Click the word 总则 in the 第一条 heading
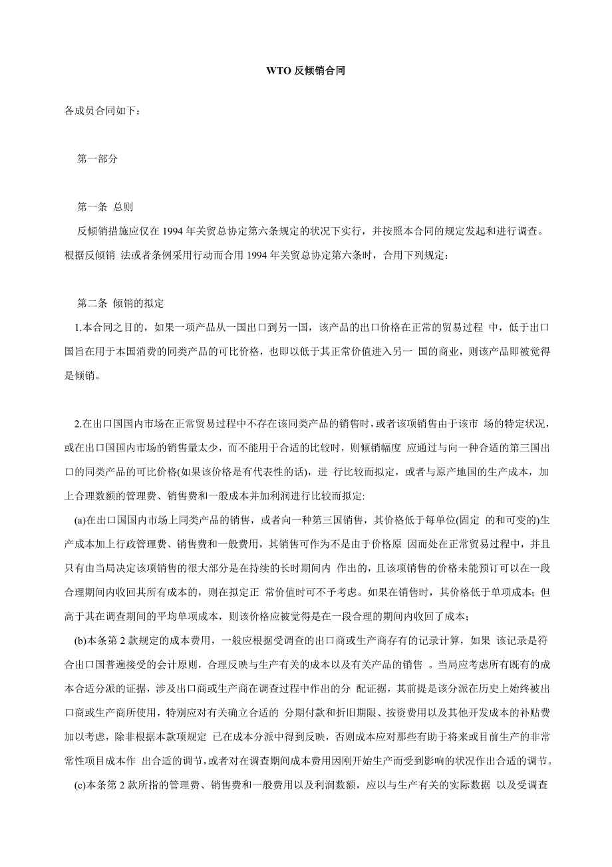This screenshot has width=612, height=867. click(123, 207)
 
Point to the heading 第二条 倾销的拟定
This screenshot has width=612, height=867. click(120, 303)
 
